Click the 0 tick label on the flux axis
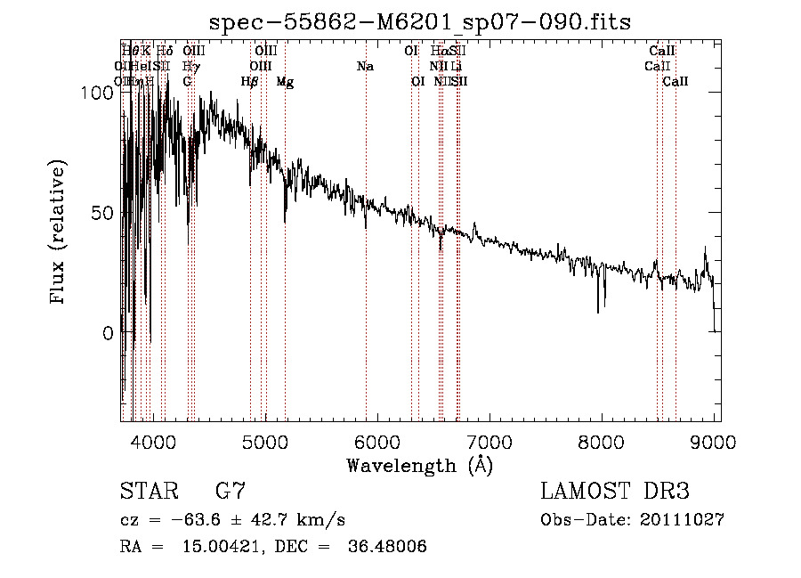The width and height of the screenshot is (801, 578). [109, 333]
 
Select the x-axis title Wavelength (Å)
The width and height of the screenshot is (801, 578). [420, 465]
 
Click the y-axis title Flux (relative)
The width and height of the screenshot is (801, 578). [60, 233]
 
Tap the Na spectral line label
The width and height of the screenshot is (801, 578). [365, 67]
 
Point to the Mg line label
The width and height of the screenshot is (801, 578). [285, 82]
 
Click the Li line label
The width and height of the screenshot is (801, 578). [457, 67]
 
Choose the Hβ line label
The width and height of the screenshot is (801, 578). [250, 82]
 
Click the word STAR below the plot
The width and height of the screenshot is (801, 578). [150, 492]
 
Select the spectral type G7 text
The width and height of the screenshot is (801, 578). [230, 492]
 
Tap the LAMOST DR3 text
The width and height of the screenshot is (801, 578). [615, 492]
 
